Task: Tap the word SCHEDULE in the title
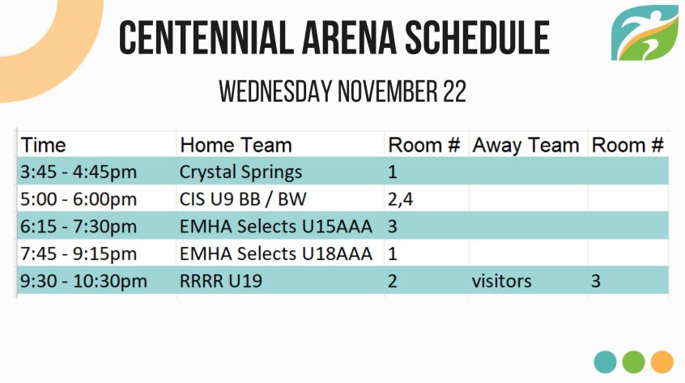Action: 477,37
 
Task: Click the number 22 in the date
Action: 455,91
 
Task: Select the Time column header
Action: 43,145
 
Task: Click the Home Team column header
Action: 236,145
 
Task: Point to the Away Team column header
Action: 525,146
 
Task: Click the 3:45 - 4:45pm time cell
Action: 79,172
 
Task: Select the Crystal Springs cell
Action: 240,172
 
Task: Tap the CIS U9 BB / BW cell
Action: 243,199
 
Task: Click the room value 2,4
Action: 400,199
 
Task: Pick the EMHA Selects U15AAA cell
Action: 276,227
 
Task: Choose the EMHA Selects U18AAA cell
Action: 276,253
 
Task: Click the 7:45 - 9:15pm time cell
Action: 79,253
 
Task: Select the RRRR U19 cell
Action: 220,281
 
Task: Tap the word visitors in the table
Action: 501,281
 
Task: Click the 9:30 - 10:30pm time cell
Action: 84,281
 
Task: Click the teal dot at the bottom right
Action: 605,362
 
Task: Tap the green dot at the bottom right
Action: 633,362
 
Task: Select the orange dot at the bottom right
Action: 662,362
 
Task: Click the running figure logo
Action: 645,32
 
